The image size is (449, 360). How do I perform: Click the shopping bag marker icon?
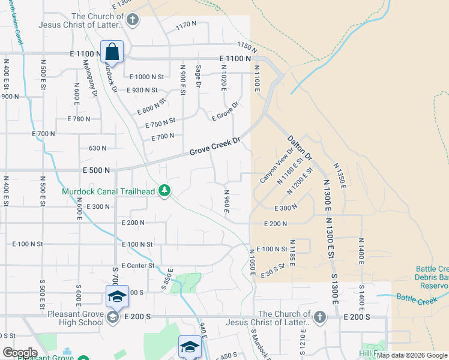coord(112,52)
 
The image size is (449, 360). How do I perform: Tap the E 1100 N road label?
coord(235,58)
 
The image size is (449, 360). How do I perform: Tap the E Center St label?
coord(137,265)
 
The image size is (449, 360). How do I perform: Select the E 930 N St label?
coord(142,90)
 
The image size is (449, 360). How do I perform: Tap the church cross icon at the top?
coord(132,20)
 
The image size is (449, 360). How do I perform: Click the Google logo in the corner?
coord(19,352)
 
